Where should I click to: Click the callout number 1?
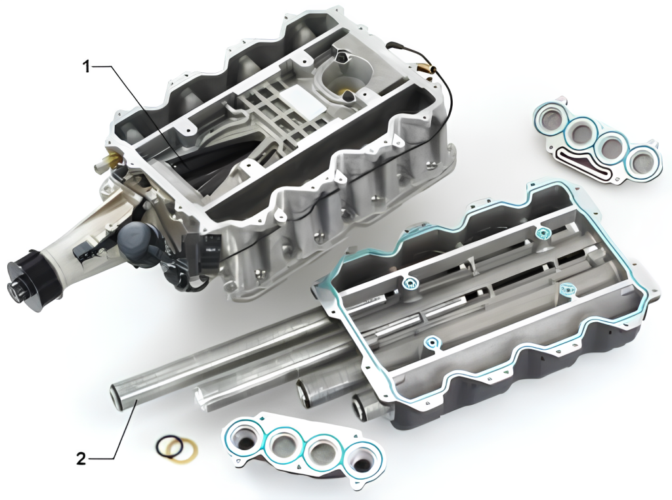pyautogui.click(x=87, y=67)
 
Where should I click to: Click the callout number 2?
pyautogui.click(x=81, y=459)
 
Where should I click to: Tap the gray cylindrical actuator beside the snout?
pyautogui.click(x=136, y=240)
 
